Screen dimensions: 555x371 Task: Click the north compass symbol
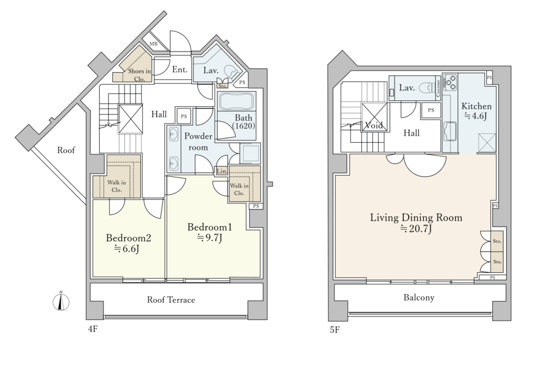point(61,302)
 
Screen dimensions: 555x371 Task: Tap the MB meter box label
point(153,44)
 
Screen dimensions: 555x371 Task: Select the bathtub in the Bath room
point(236,101)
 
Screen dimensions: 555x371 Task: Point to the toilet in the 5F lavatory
point(428,88)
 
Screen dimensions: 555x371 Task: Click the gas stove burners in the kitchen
point(450,83)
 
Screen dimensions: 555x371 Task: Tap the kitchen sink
point(450,131)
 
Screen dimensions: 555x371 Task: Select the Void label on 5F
point(374,125)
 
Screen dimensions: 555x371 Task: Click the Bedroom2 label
point(128,238)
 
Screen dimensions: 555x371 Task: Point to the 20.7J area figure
point(416,229)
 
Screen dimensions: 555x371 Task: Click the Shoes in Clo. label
point(139,75)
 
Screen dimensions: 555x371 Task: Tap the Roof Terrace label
point(171,300)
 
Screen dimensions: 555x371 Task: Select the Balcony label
point(419,297)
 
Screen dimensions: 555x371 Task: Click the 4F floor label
point(93,329)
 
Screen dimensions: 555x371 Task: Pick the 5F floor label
point(335,330)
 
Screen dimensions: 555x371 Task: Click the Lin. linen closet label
point(222,171)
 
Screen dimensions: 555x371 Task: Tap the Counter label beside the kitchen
point(438,88)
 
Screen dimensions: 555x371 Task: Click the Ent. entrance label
point(180,69)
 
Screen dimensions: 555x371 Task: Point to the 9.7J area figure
point(210,238)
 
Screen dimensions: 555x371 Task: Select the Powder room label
point(198,142)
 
